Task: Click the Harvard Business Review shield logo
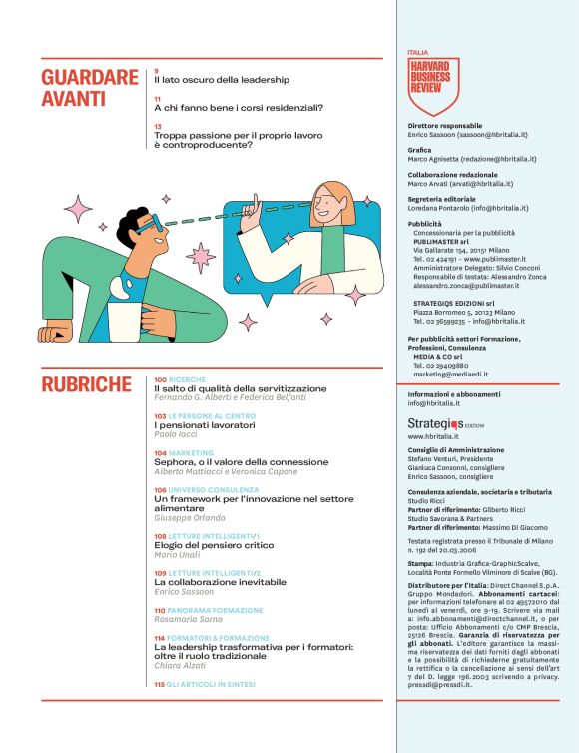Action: (434, 84)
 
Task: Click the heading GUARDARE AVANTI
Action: (90, 88)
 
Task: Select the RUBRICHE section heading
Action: (86, 385)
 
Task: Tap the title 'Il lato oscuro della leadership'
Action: (221, 79)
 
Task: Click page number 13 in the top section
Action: (158, 127)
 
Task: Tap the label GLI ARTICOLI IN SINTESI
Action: (211, 684)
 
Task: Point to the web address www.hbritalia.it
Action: (433, 437)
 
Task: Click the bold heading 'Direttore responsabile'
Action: (445, 127)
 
